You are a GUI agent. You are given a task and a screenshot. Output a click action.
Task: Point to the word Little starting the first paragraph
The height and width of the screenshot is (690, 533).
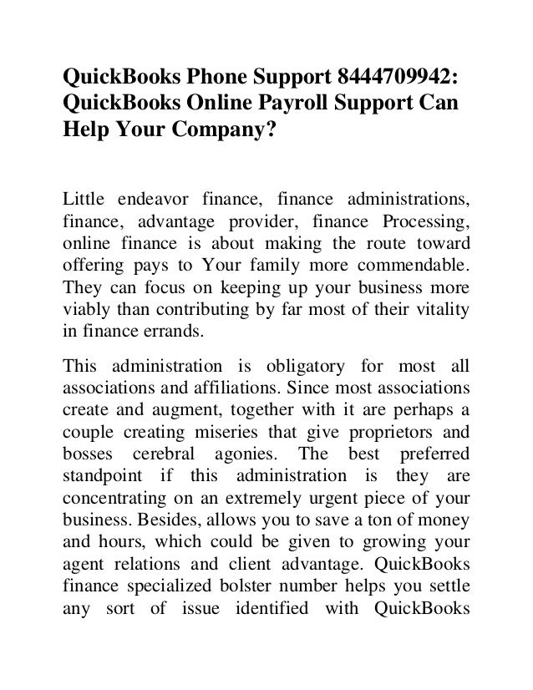(84, 197)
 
